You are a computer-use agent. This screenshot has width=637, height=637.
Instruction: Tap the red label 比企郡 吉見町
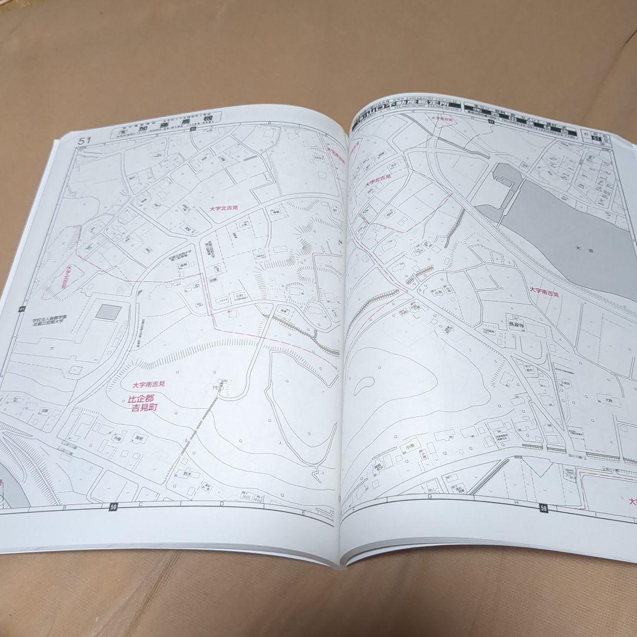[x=145, y=403]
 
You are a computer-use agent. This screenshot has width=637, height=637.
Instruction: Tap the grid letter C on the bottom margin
[x=141, y=505]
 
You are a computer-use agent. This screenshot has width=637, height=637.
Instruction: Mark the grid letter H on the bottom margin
[x=516, y=503]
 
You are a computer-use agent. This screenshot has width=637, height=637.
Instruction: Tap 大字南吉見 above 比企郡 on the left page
[x=149, y=384]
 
